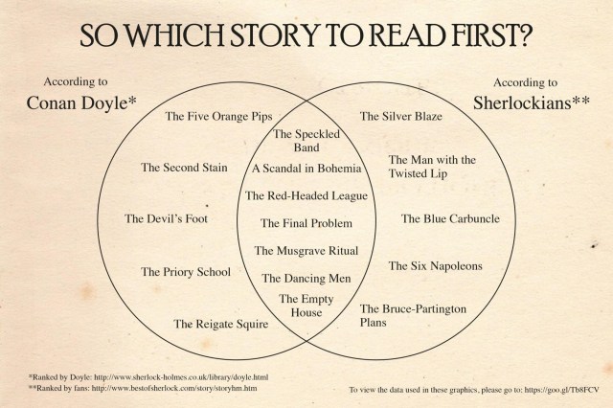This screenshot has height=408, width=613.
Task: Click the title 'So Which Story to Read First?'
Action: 306,36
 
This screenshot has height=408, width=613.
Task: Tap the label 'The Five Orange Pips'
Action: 218,117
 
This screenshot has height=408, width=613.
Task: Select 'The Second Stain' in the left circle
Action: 184,168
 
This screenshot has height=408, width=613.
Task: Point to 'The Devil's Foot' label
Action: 166,218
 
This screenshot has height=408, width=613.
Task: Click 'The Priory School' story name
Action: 186,272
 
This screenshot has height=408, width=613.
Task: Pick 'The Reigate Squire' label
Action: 221,324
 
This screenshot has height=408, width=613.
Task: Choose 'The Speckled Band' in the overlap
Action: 306,141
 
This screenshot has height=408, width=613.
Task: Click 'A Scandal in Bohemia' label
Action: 306,169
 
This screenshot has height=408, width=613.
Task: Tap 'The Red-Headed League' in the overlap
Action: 306,195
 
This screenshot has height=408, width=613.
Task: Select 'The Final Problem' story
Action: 306,223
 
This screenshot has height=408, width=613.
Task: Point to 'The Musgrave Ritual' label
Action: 306,251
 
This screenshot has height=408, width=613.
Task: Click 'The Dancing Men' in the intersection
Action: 306,279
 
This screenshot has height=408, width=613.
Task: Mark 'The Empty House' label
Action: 306,306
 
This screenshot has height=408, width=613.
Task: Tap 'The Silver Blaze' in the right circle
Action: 400,116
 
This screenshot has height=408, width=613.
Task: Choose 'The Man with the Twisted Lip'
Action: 432,167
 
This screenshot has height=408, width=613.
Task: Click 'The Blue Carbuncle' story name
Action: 450,218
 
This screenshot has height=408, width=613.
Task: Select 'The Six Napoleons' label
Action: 435,266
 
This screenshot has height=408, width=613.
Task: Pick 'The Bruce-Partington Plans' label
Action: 413,316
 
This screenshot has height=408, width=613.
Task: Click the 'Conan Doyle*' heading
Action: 81,102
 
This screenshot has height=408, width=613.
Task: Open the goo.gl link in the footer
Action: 561,390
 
